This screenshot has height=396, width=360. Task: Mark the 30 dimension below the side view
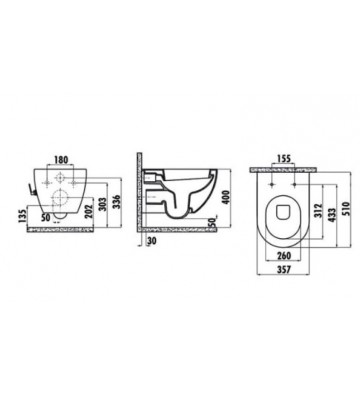150,241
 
